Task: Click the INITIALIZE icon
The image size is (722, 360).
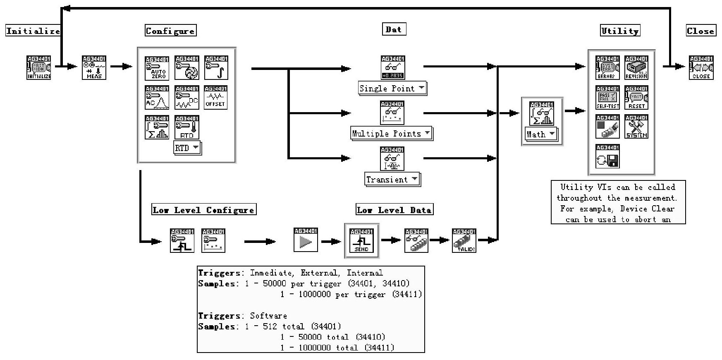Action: pyautogui.click(x=39, y=67)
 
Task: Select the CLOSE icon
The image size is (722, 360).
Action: pyautogui.click(x=701, y=67)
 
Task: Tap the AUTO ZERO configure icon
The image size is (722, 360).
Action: pyautogui.click(x=157, y=68)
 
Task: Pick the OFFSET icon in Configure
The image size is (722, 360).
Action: pyautogui.click(x=215, y=98)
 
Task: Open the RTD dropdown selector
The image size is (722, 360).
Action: pyautogui.click(x=187, y=148)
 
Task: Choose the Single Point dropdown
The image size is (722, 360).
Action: pyautogui.click(x=392, y=88)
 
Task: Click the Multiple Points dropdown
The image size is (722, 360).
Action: pyautogui.click(x=391, y=133)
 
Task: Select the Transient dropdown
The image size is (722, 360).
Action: pyautogui.click(x=392, y=179)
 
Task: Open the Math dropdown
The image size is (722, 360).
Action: pyautogui.click(x=540, y=134)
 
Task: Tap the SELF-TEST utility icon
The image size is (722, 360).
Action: pyautogui.click(x=607, y=98)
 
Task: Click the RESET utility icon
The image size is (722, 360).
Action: pyautogui.click(x=636, y=98)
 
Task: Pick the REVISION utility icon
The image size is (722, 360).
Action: pyautogui.click(x=636, y=68)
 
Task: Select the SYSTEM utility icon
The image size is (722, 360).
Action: pyautogui.click(x=636, y=127)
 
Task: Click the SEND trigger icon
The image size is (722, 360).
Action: pyautogui.click(x=361, y=240)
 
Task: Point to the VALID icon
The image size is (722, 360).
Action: pyautogui.click(x=464, y=240)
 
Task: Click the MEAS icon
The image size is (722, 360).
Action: pyautogui.click(x=94, y=67)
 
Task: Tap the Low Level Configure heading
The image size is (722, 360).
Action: pyautogui.click(x=204, y=210)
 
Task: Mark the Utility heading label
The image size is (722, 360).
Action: pyautogui.click(x=620, y=31)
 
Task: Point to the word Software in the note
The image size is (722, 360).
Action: pyautogui.click(x=268, y=316)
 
